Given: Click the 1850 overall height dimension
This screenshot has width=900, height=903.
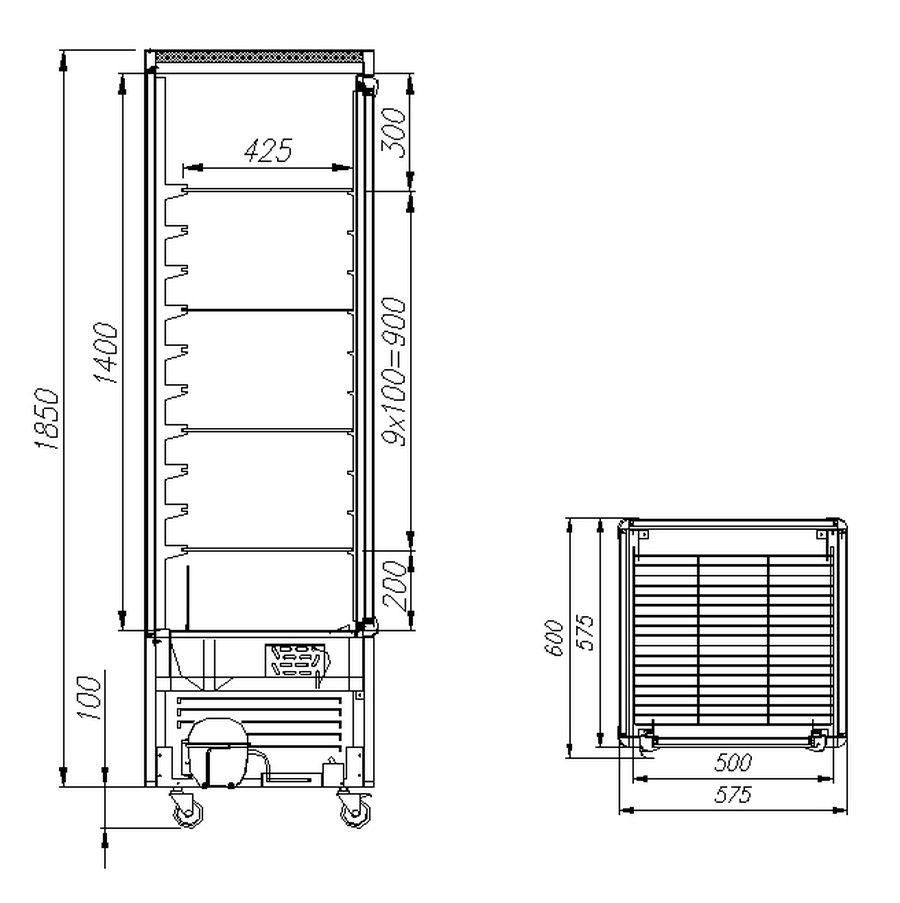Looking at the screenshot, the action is [47, 418].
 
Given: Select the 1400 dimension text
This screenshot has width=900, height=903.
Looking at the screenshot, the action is [107, 352].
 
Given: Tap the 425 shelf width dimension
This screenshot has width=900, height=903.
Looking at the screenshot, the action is [268, 150].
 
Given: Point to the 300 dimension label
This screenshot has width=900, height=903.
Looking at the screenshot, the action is [394, 132].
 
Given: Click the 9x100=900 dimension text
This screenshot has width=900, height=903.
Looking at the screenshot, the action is [394, 371].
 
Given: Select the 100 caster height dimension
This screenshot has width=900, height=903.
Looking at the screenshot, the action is [89, 697].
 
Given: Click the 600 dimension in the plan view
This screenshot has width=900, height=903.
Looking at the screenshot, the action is [553, 638].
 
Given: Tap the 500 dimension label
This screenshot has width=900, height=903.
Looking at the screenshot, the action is [733, 762].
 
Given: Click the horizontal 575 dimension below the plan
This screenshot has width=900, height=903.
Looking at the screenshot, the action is [733, 795].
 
